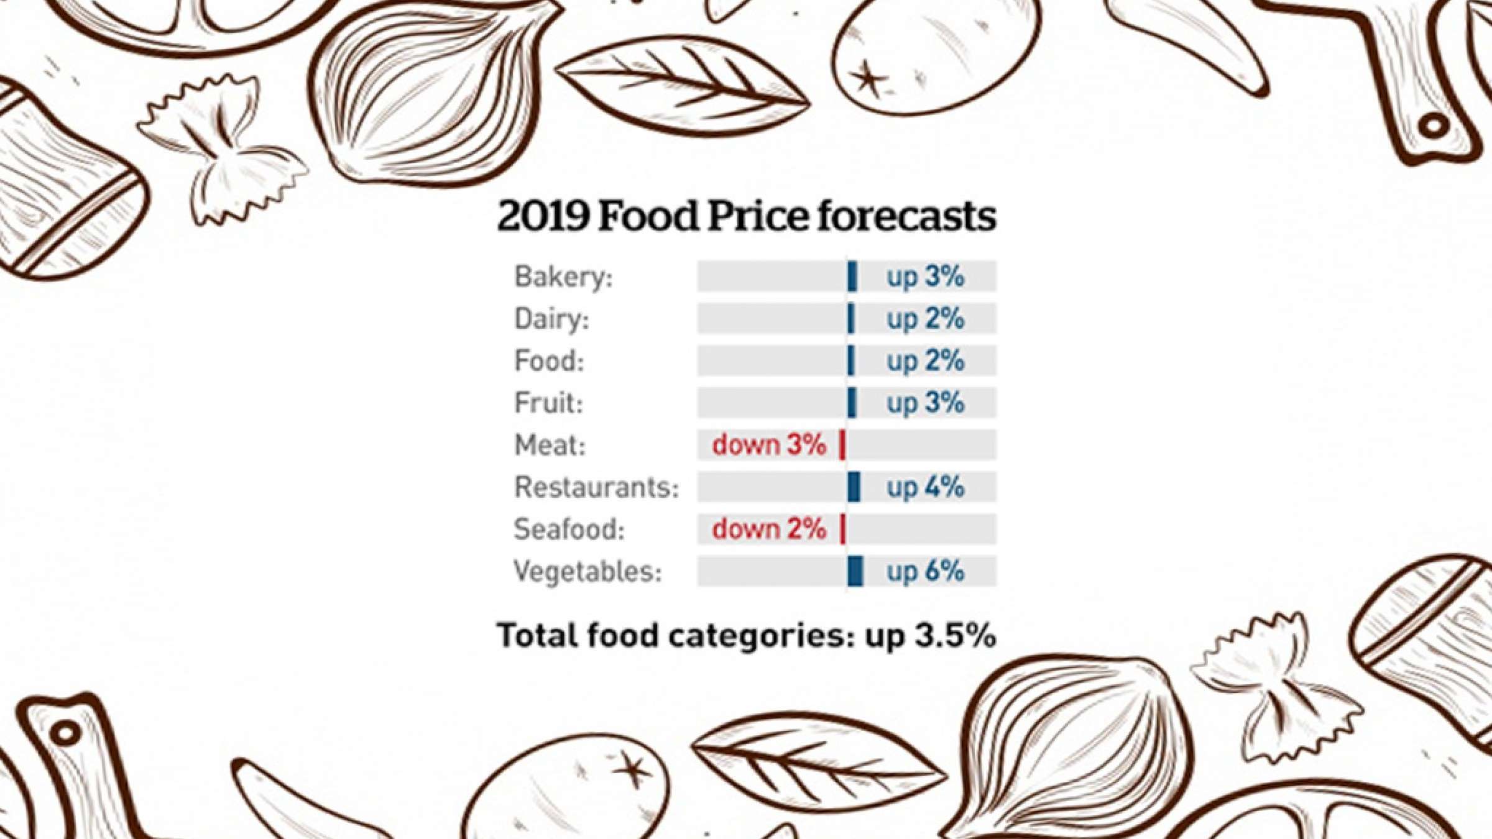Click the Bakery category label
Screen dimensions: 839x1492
pos(563,277)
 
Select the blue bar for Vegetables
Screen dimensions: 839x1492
pos(855,571)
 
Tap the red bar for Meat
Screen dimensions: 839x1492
pos(842,445)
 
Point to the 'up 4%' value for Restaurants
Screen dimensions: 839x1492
pos(925,487)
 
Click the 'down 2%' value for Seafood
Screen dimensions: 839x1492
pos(769,529)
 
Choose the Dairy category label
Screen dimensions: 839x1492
pos(551,319)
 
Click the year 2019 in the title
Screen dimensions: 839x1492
pos(543,216)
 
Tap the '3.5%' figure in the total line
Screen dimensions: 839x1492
pos(956,636)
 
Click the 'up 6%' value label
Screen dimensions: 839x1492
pos(925,571)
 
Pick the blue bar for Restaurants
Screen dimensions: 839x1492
pos(854,487)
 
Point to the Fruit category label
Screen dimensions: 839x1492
pos(548,403)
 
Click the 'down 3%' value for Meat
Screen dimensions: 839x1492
pos(769,445)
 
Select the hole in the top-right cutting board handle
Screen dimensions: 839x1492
pos(1434,124)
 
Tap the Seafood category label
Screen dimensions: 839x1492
pos(569,530)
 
